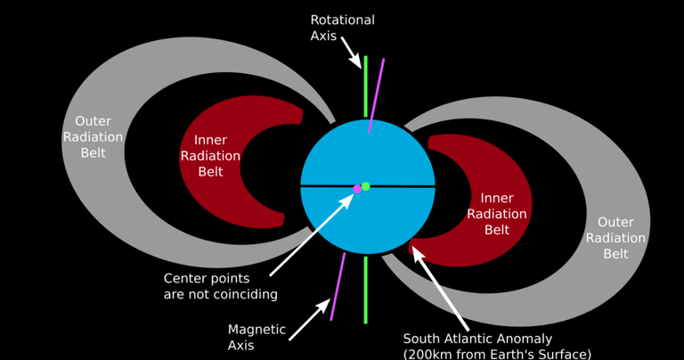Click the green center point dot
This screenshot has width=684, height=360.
point(366,186)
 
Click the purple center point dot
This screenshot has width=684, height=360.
point(357,189)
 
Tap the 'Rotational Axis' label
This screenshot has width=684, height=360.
point(342,29)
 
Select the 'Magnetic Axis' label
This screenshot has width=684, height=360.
point(256,337)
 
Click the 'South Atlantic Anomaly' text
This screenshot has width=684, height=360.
point(477,339)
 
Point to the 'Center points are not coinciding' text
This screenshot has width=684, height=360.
point(220,286)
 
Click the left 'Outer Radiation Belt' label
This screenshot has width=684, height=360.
point(93,137)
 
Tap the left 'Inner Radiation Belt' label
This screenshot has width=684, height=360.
point(210,156)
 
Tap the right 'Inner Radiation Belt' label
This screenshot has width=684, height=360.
point(497,213)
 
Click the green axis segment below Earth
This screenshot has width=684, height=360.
point(365,290)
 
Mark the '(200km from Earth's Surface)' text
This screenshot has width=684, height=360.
point(497,354)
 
